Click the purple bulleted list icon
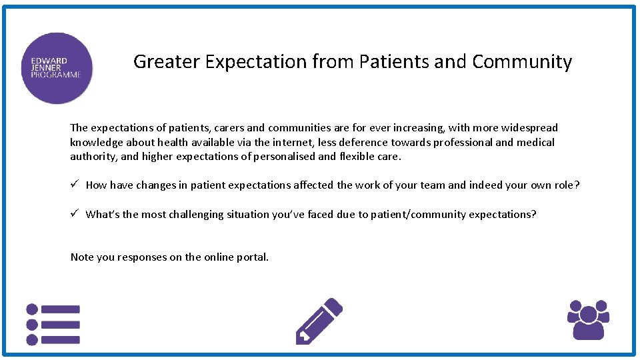pos(53,325)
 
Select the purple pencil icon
pos(319,321)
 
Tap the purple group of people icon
pos(588,319)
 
